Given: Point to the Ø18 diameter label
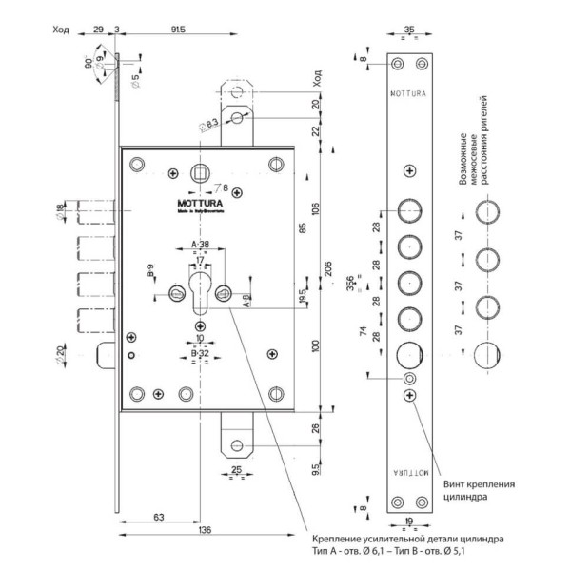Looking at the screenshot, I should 62,211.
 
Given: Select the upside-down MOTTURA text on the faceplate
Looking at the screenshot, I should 409,471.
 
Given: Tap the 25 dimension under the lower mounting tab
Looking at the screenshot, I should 234,469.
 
